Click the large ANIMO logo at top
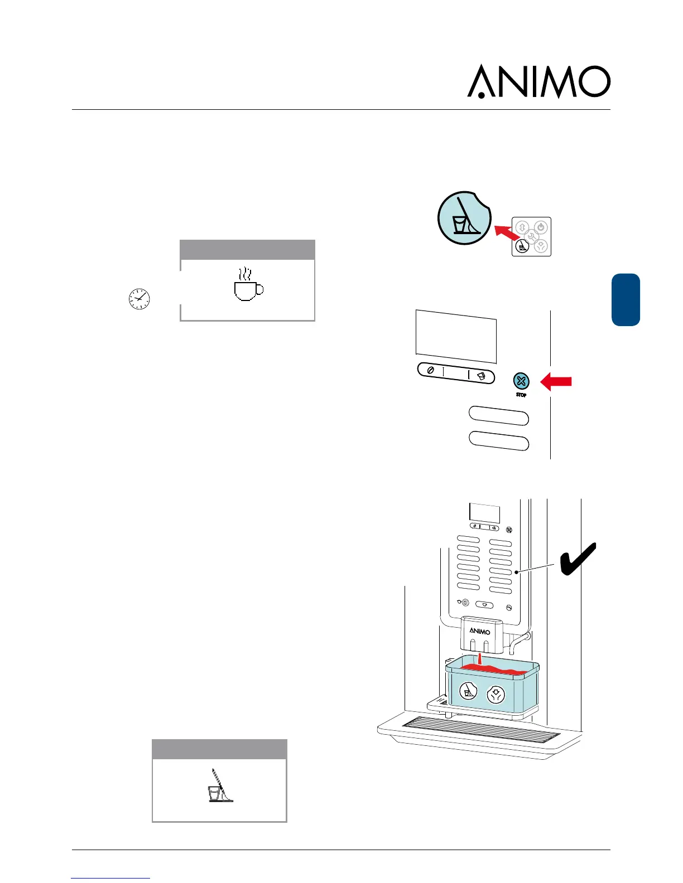pos(538,81)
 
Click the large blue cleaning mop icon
pos(464,218)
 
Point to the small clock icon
pos(139,299)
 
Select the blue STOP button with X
pos(521,381)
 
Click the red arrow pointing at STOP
pos(557,381)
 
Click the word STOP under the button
pos(521,395)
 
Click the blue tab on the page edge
pos(626,299)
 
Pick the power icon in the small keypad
pos(541,227)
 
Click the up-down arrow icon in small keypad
pos(522,227)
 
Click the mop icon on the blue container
pos(468,692)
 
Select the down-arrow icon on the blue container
pos(495,695)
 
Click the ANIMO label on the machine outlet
pos(479,631)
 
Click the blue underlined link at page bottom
pos(110,878)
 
